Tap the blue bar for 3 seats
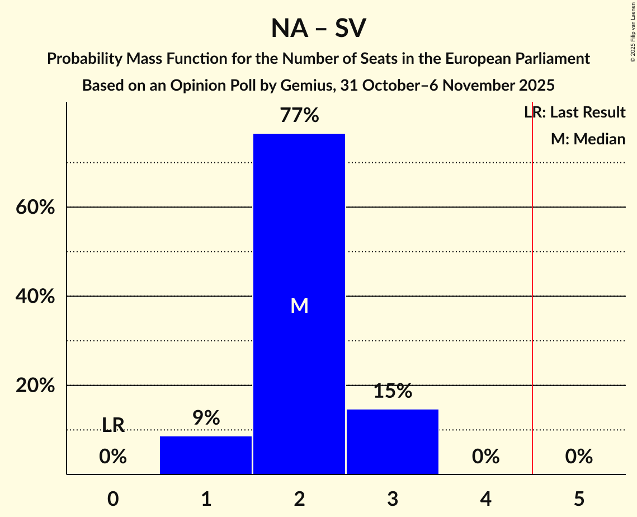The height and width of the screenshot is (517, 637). [393, 441]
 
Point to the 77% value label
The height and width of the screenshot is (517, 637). [299, 116]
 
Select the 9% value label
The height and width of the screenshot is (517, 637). [206, 418]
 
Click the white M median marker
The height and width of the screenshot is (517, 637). [300, 305]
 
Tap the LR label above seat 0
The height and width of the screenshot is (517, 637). [113, 425]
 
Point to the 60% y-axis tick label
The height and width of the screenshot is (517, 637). [35, 208]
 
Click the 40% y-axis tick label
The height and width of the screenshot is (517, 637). [35, 297]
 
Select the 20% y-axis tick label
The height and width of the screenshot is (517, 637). [35, 386]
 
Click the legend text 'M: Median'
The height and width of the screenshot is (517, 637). [588, 139]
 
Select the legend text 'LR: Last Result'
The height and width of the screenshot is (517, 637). [575, 112]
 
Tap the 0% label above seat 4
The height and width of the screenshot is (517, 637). [485, 457]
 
